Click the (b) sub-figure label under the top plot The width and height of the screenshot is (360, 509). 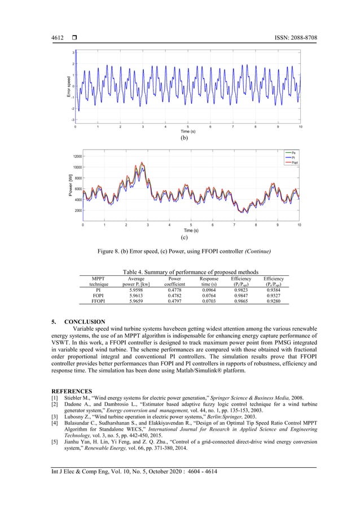[184, 137]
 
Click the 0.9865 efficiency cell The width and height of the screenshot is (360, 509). [242, 301]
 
